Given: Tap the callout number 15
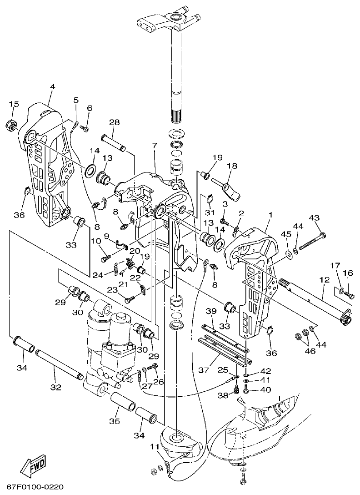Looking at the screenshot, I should [x=14, y=105].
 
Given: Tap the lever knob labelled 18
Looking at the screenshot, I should [x=231, y=190].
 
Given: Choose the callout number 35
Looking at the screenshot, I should [x=114, y=421].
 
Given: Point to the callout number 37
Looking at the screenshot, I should [x=205, y=371].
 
